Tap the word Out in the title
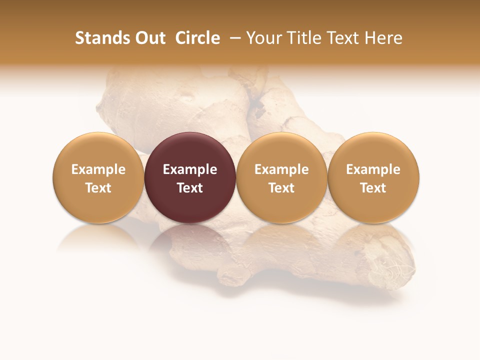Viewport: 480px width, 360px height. pyautogui.click(x=148, y=38)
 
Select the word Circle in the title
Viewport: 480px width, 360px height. pyautogui.click(x=197, y=38)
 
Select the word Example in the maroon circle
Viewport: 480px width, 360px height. pyautogui.click(x=190, y=169)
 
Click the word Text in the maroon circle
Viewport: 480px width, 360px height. pyautogui.click(x=190, y=188)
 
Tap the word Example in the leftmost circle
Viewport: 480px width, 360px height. pyautogui.click(x=98, y=169)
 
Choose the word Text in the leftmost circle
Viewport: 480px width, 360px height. pyautogui.click(x=98, y=188)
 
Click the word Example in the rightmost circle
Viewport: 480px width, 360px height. pyautogui.click(x=373, y=169)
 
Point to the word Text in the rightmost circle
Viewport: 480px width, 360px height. pyautogui.click(x=373, y=188)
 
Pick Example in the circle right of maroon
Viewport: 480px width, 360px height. pyautogui.click(x=281, y=169)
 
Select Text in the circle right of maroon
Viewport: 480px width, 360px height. pyautogui.click(x=281, y=188)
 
